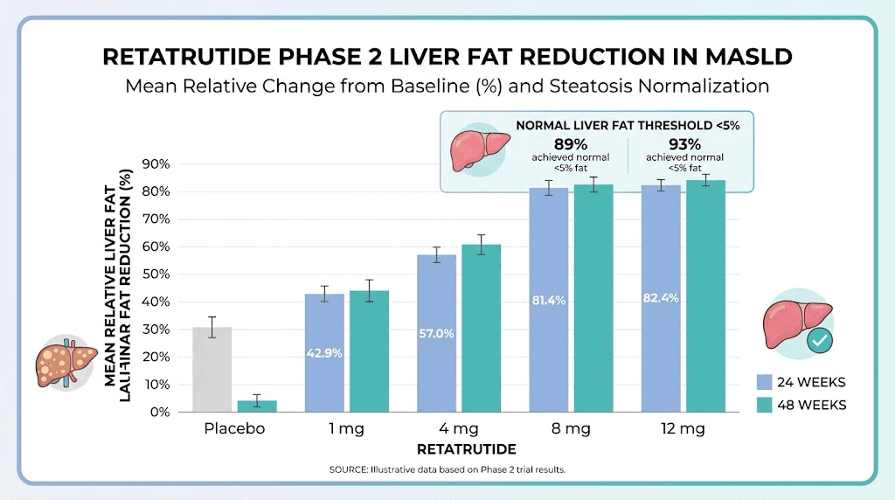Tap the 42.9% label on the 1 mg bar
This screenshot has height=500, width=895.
click(323, 353)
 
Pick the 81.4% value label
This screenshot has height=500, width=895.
click(548, 300)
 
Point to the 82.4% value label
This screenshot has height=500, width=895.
click(660, 298)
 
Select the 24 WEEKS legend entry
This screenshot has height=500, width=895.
click(801, 382)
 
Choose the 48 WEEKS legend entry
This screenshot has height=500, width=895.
click(801, 405)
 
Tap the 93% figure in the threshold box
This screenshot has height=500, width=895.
click(683, 143)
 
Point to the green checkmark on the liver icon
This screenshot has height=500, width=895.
click(819, 340)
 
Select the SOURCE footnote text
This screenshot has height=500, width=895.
click(447, 470)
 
